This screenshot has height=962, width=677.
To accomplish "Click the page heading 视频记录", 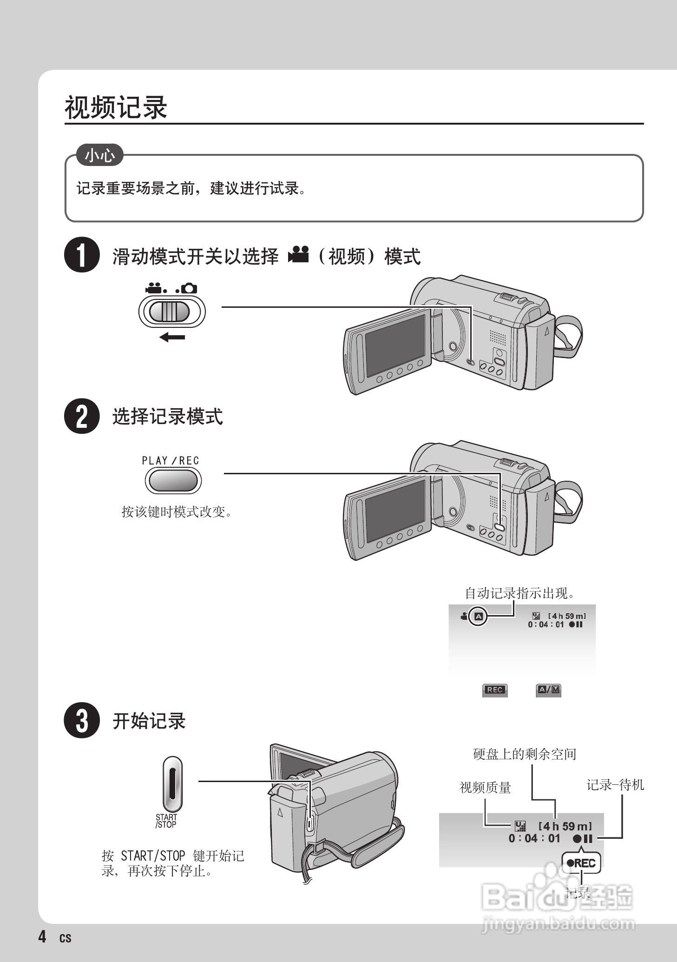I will coord(116,107).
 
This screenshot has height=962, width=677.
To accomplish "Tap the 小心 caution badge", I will coord(100,155).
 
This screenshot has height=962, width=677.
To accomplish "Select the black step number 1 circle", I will coord(82,255).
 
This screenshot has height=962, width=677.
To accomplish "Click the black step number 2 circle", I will coord(82,416).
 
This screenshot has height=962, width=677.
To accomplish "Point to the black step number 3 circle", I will coord(82,721).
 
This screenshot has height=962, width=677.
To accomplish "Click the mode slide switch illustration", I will coord(171,312).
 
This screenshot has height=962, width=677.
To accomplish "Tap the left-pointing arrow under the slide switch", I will coord(172,337).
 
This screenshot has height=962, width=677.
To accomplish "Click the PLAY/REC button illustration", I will coord(173,481).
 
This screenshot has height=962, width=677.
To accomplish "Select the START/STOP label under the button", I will coord(166,821).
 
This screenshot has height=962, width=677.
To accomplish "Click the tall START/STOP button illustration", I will coord(172,784).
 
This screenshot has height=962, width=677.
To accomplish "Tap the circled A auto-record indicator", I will coord(479,617).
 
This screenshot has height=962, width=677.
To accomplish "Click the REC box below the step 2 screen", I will coord(494,690).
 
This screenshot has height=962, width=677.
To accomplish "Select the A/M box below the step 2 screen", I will coord(549,690).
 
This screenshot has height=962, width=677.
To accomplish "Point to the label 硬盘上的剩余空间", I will coord(525,754).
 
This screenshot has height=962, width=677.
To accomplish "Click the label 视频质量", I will coord(485,787).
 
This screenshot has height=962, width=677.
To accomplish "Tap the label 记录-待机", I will coord(615,785).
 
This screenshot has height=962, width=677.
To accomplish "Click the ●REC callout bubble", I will coord(581,863).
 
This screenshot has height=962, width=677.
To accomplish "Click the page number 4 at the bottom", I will coord(42,936).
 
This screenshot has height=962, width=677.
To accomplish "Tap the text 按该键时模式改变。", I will coord(177,512).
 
